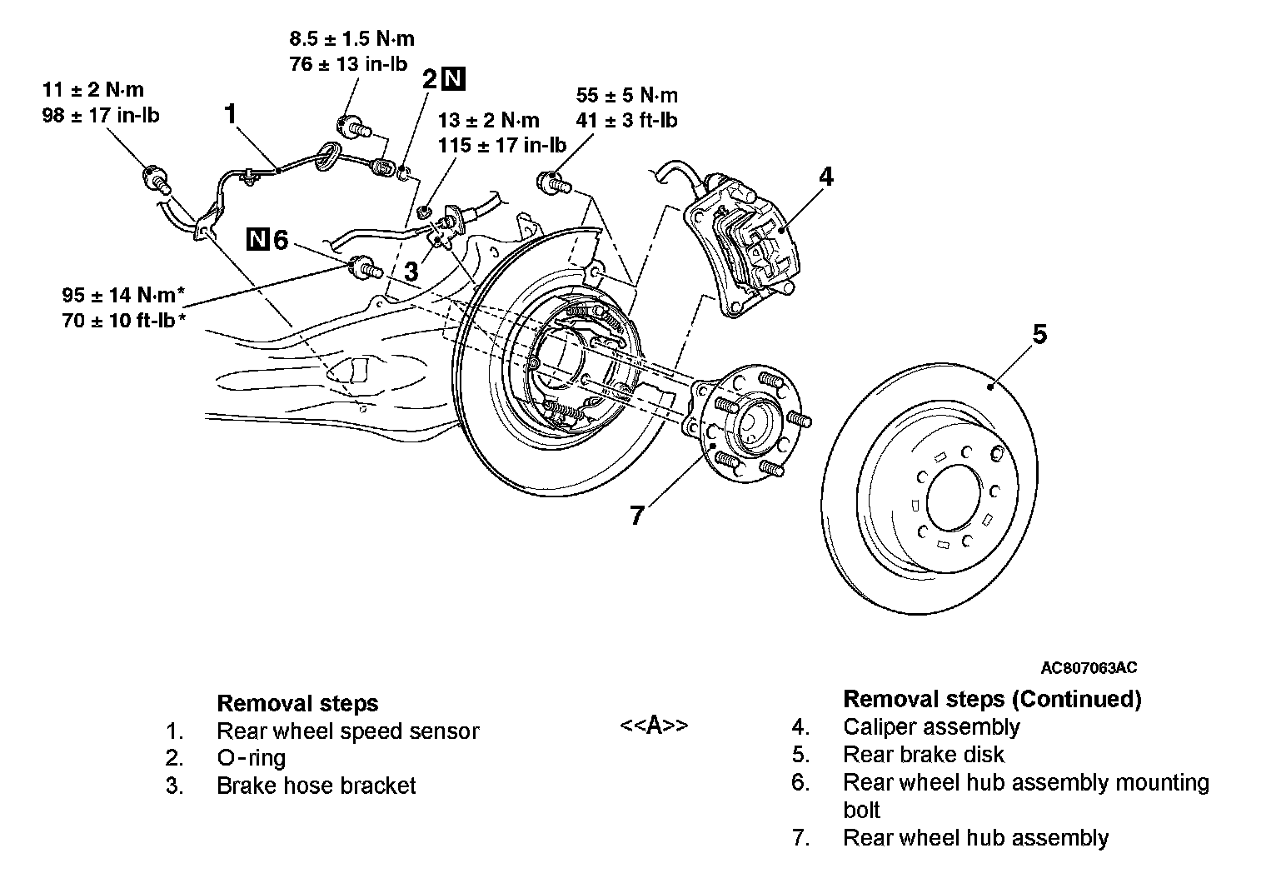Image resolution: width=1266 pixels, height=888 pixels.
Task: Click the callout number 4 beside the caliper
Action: (825, 177)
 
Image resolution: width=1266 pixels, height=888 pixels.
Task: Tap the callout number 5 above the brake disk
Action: (1040, 334)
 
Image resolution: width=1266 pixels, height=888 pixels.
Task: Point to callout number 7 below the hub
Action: (637, 515)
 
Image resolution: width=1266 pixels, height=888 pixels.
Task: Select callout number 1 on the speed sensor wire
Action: (230, 113)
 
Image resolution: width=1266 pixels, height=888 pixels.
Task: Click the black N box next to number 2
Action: (454, 78)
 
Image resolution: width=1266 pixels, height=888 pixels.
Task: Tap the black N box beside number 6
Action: (257, 239)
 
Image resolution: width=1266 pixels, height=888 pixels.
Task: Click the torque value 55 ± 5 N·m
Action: (627, 95)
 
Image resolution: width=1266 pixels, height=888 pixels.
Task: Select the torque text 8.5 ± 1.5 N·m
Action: (352, 38)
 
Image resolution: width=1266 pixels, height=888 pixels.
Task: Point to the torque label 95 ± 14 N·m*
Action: (124, 295)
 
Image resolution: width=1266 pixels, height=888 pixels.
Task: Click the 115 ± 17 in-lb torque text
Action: (502, 145)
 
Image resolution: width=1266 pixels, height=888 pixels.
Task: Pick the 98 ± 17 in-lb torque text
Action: (101, 115)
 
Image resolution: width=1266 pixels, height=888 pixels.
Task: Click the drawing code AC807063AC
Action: (1089, 667)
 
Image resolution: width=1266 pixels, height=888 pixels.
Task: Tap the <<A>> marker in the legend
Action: (654, 725)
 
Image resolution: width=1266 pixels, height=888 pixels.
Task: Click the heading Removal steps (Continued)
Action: (992, 699)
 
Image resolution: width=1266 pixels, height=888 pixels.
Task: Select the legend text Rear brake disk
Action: (924, 754)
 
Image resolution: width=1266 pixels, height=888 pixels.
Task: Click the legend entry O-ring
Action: (251, 757)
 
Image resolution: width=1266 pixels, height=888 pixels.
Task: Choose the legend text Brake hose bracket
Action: (316, 786)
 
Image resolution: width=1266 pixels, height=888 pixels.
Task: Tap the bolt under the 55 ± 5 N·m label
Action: (553, 182)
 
